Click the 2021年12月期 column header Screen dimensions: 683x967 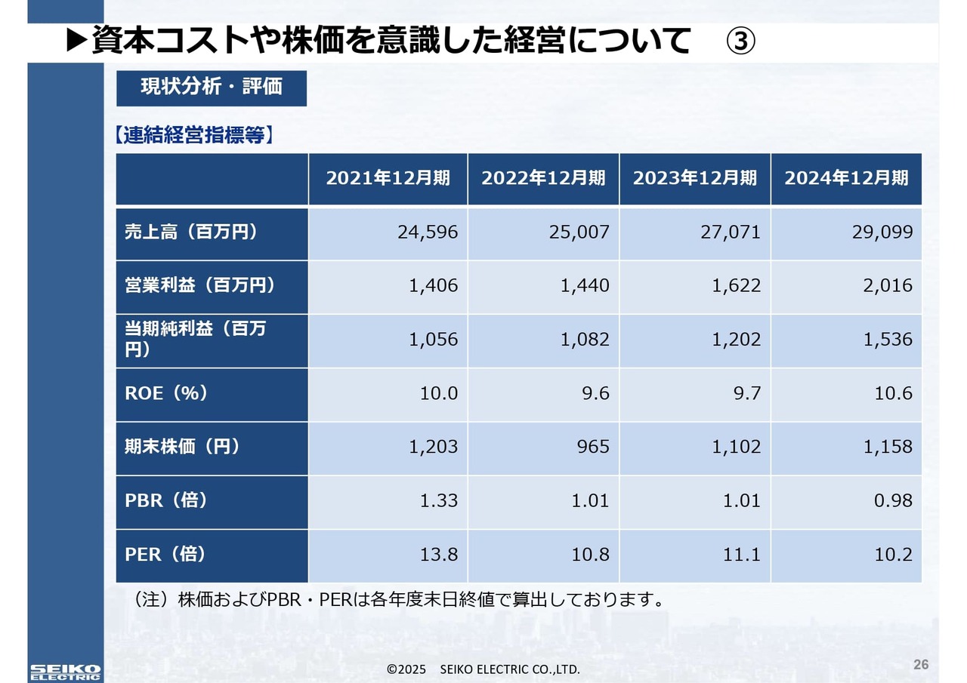[388, 178]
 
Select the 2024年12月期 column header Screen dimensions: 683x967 [846, 178]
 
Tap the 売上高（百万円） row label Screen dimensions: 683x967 [191, 232]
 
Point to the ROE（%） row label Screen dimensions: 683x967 [166, 393]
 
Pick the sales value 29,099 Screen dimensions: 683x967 [882, 232]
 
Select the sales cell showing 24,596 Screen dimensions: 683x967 [428, 232]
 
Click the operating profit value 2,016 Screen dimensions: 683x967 [888, 286]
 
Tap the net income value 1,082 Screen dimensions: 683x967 [585, 340]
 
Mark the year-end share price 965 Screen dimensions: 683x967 [593, 447]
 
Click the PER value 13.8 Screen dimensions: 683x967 [439, 555]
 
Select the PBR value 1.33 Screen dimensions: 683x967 [439, 500]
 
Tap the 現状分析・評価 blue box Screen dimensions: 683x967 [212, 87]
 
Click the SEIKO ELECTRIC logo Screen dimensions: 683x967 [65, 672]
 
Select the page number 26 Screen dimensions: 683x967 [921, 665]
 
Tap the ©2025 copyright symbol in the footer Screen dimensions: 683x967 [391, 669]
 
